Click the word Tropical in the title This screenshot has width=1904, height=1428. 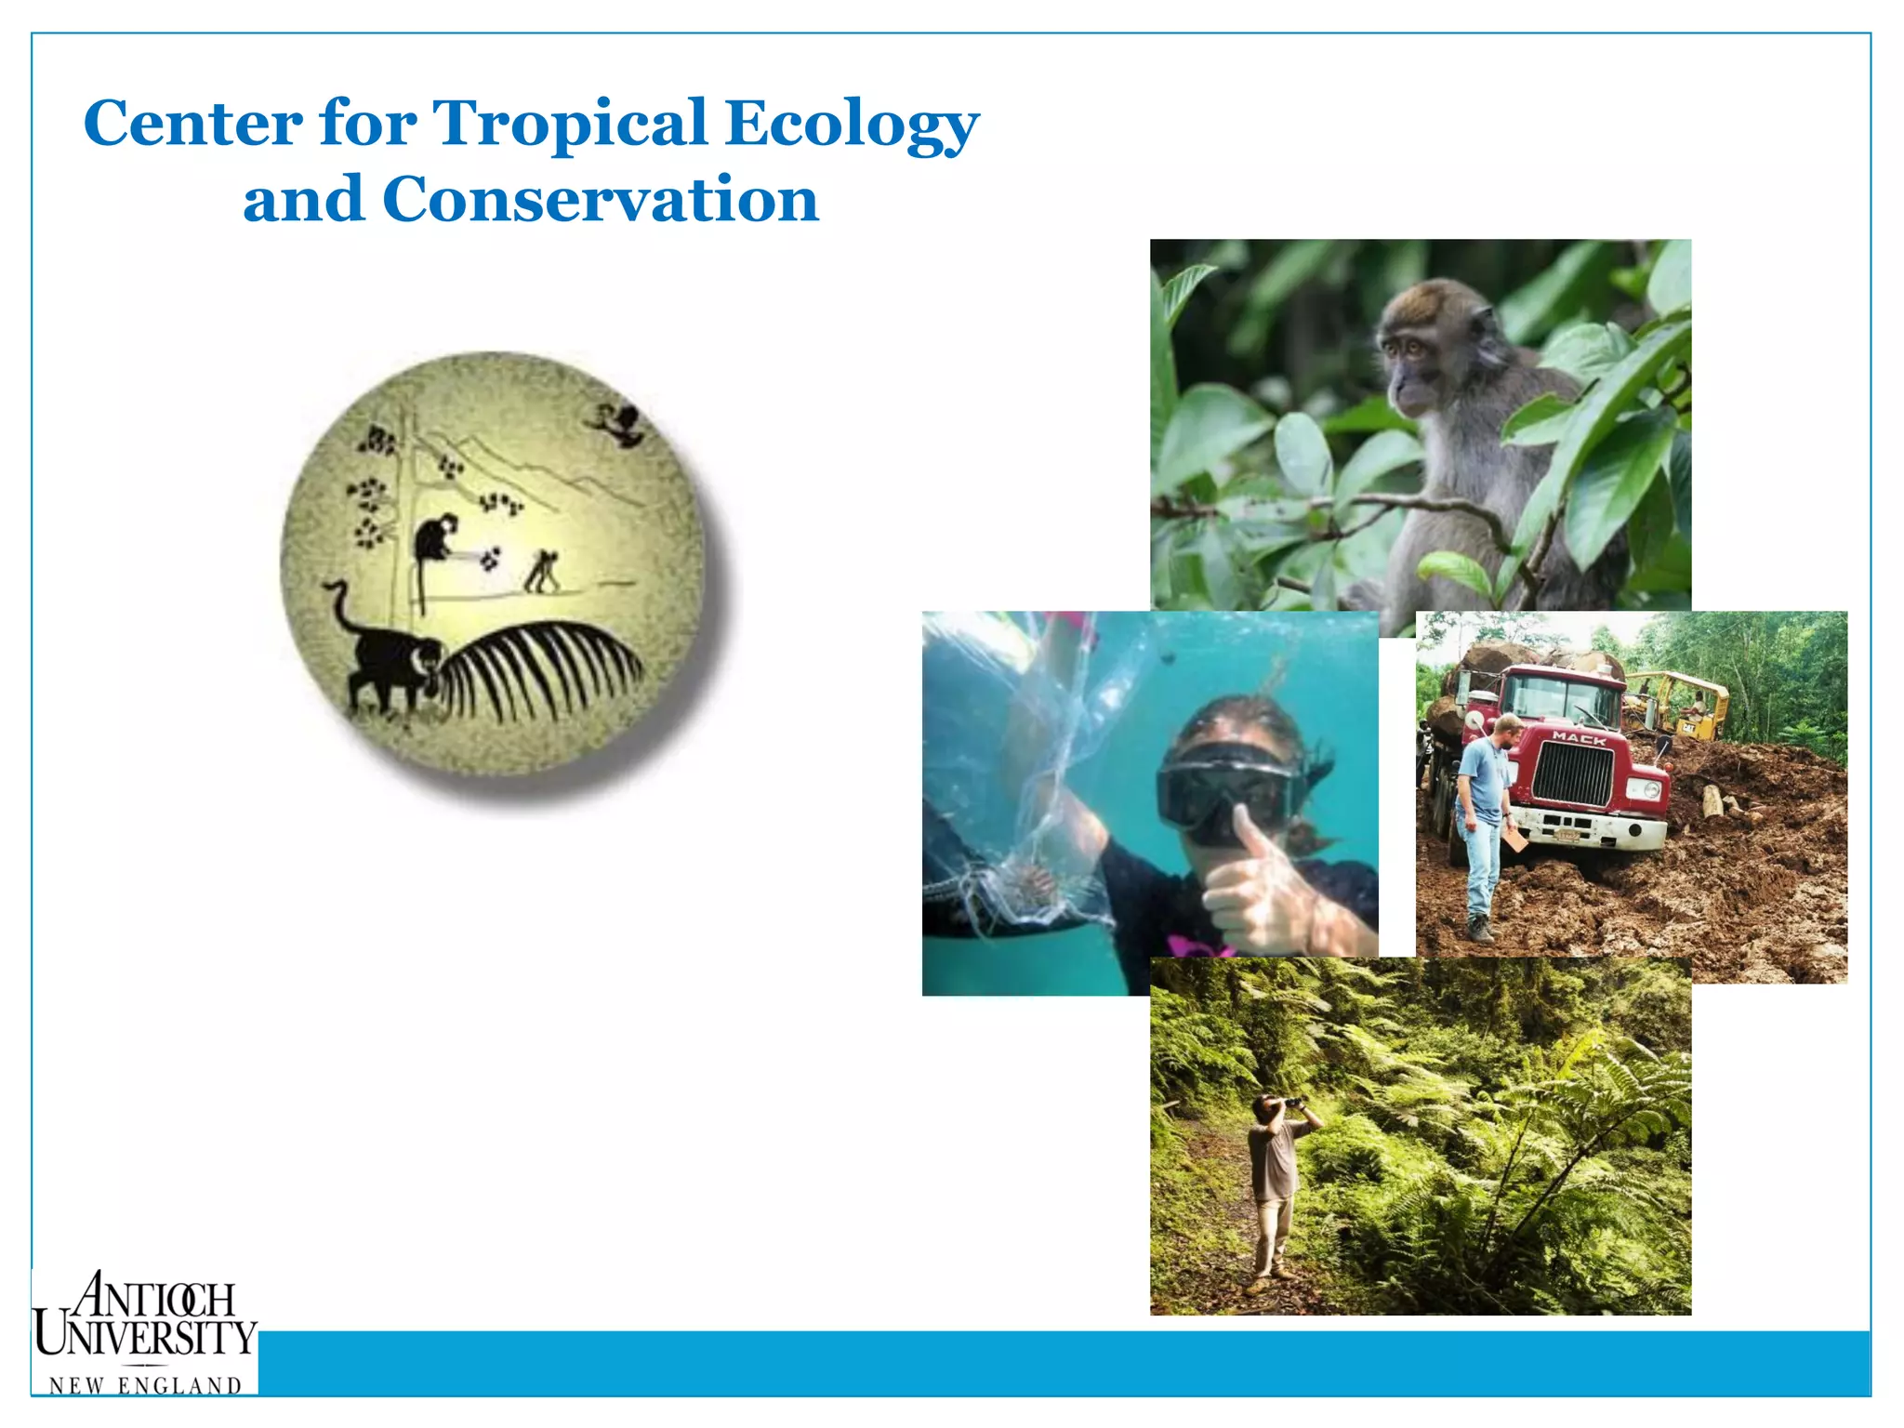tap(570, 123)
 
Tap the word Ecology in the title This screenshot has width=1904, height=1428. tap(852, 125)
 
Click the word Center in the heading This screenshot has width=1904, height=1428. tap(193, 123)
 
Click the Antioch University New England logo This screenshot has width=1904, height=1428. tap(145, 1331)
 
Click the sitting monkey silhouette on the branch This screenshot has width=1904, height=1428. tap(432, 538)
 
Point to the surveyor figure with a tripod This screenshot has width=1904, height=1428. tap(542, 572)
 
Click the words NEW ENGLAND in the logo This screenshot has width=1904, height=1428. tap(145, 1385)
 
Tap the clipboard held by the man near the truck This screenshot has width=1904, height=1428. tap(1515, 841)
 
